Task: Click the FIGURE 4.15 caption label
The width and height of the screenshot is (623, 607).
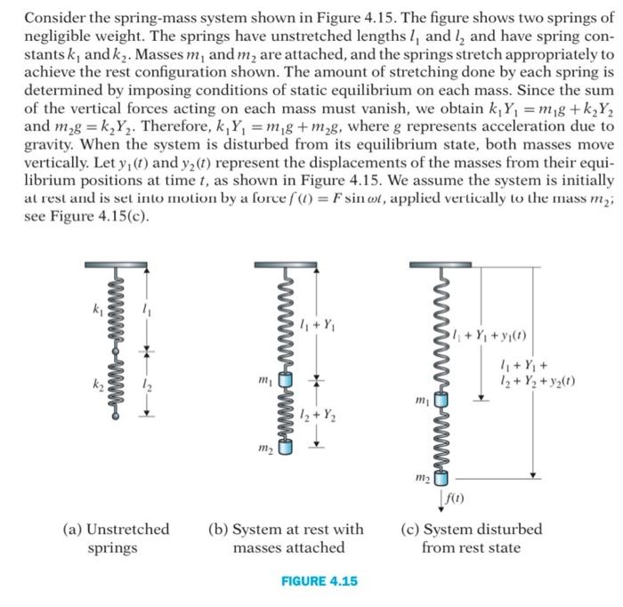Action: point(319,580)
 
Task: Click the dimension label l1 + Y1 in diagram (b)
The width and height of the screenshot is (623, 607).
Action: point(318,323)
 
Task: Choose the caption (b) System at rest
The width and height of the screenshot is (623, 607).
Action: point(285,538)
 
